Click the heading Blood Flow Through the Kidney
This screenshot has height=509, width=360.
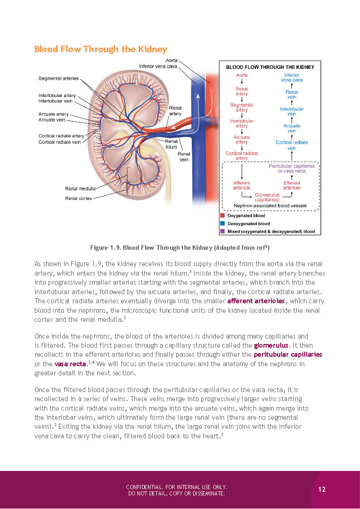click(101, 49)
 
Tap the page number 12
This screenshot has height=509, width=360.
click(322, 489)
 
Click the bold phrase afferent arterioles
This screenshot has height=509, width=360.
click(256, 301)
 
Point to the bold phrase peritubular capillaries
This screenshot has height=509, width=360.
click(288, 354)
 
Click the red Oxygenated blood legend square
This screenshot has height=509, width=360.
click(222, 216)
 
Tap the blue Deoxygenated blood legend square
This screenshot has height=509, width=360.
click(222, 223)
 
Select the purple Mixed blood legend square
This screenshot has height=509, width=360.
click(222, 231)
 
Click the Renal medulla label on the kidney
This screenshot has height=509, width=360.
click(80, 189)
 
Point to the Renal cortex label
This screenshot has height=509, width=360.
click(78, 198)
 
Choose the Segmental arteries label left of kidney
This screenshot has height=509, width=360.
click(58, 78)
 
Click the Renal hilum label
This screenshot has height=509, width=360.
click(171, 144)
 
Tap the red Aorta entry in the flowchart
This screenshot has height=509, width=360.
click(242, 75)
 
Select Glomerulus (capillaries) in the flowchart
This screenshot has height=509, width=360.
click(267, 197)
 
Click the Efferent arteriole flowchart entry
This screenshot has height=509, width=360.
click(292, 185)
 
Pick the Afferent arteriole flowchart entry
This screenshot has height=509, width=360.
click(242, 185)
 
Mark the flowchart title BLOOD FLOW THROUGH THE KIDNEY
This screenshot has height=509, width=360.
click(270, 67)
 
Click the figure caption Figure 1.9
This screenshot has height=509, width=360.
click(180, 248)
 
